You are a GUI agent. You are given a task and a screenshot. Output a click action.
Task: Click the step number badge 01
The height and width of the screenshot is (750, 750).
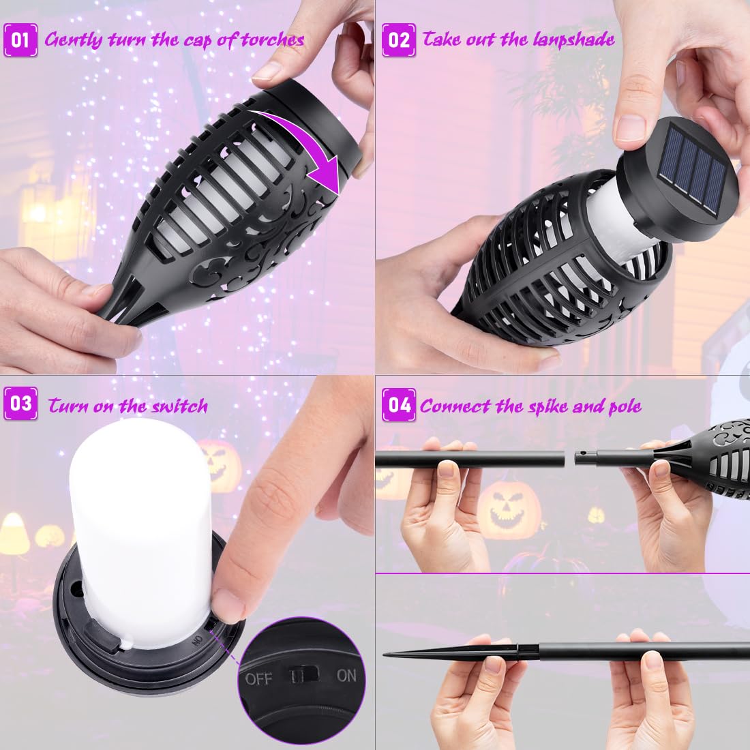(x=20, y=40)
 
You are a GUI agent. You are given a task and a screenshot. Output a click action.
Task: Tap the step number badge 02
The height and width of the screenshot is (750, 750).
(x=398, y=40)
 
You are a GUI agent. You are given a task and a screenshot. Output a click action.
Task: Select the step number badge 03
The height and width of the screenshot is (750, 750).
(x=20, y=404)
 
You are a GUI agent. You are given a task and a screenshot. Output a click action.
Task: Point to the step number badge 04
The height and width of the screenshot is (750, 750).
(x=398, y=404)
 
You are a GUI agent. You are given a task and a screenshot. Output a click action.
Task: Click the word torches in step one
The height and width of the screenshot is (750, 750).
(x=273, y=40)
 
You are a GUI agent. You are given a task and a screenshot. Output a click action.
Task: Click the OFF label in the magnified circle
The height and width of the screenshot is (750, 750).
(x=259, y=678)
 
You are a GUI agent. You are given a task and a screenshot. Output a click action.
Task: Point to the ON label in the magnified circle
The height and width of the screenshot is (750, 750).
(x=346, y=676)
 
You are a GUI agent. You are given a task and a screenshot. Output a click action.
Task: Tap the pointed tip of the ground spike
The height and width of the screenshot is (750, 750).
(x=384, y=654)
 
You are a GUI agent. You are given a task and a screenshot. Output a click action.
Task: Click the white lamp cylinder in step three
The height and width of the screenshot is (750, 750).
(x=140, y=532)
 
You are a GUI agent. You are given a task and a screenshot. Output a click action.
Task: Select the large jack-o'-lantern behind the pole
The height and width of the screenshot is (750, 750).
(x=509, y=511)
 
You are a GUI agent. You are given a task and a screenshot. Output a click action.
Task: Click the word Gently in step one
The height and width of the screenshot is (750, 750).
(x=73, y=40)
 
